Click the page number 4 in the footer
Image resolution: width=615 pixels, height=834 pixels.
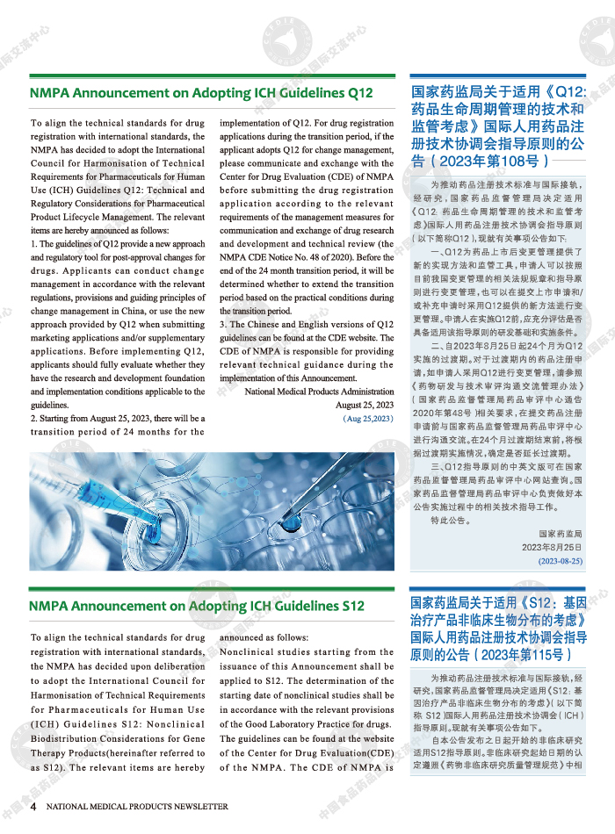(x=33, y=806)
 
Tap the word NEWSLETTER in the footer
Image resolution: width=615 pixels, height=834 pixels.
(x=196, y=806)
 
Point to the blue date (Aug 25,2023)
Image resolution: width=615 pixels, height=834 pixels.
(x=368, y=419)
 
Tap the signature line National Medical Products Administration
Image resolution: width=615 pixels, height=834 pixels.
(x=319, y=392)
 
